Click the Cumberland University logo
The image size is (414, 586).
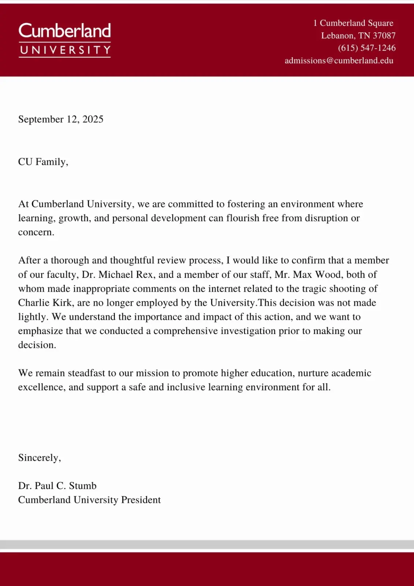tap(64, 40)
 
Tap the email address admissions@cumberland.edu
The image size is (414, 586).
tap(339, 60)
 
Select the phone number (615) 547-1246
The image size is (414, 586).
tap(366, 48)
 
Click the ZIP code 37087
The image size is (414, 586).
tap(384, 36)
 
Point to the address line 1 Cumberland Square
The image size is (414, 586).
tap(353, 23)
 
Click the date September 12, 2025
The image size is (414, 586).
tap(61, 119)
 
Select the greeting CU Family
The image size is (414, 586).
tap(43, 162)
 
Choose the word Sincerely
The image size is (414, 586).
tap(39, 458)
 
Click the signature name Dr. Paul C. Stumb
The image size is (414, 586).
tap(57, 486)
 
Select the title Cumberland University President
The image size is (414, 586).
tap(89, 500)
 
